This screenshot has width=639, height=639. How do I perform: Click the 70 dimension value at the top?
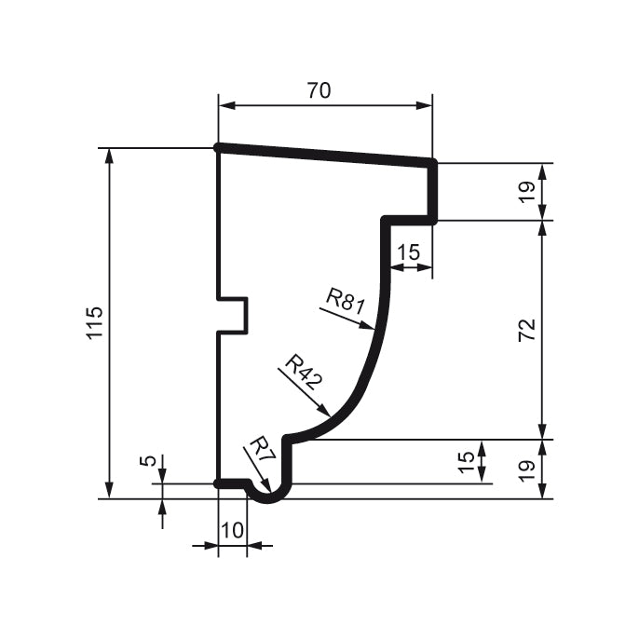pos(319,90)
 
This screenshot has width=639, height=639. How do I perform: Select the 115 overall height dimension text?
pos(93,322)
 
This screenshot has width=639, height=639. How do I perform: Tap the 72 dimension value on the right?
pos(526,330)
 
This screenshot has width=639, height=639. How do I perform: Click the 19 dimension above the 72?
pos(526,192)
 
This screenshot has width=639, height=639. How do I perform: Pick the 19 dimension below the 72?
pos(526,469)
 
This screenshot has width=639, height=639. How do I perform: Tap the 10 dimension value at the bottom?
pos(232,530)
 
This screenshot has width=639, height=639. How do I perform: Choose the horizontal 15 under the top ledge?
pos(409,252)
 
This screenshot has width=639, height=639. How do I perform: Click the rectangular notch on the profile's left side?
pos(234,315)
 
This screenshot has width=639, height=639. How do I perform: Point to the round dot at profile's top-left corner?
pos(218,147)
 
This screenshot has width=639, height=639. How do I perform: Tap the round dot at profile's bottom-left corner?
pos(218,483)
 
